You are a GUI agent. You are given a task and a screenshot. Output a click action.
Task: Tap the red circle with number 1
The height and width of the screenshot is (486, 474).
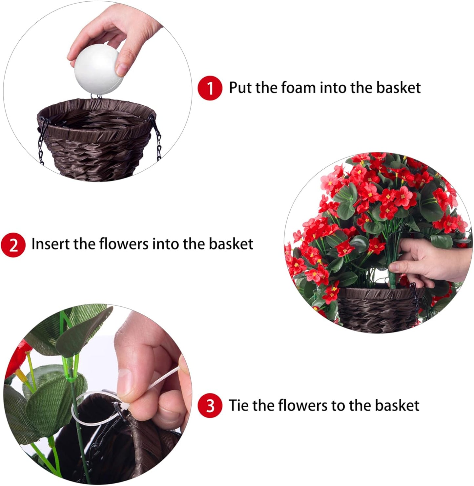tap(210, 88)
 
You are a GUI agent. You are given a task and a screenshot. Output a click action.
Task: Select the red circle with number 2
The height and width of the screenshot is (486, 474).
tap(13, 245)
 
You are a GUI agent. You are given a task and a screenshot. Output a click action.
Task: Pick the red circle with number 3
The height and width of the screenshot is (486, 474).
tap(210, 406)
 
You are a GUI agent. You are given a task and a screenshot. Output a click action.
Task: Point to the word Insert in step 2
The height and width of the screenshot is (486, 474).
tap(51, 244)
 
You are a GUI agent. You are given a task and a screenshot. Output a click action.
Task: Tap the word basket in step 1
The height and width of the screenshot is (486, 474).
tap(398, 88)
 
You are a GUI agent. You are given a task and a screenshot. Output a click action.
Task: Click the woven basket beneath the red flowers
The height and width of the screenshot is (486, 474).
tap(377, 310)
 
